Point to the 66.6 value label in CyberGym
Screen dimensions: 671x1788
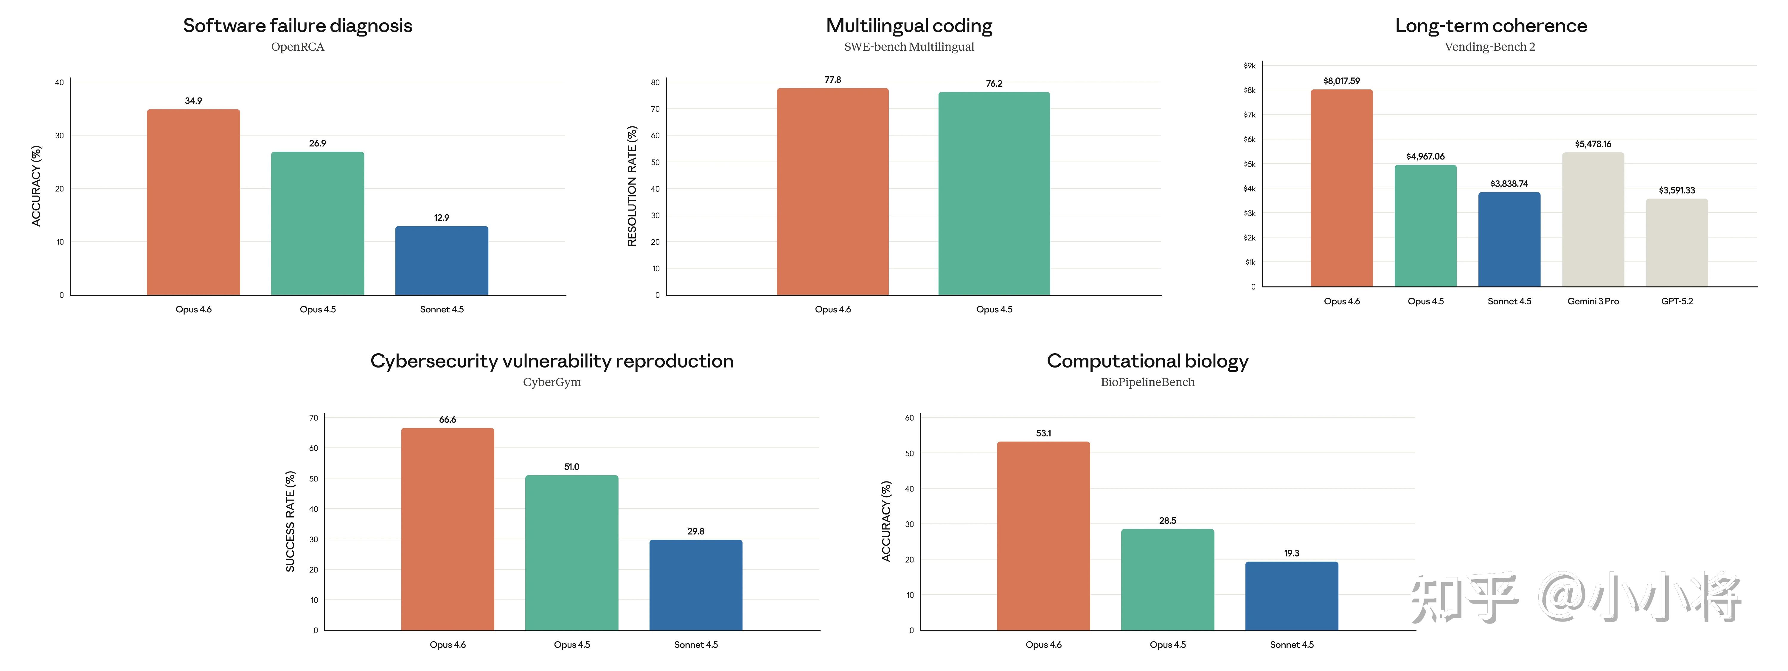tap(448, 419)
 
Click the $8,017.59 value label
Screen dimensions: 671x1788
tap(1341, 81)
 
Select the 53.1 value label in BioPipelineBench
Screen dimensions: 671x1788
tap(1043, 433)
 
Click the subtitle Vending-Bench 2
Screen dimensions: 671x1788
tap(1489, 47)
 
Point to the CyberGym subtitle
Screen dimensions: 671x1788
tap(552, 382)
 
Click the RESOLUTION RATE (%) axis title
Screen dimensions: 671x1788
tap(632, 186)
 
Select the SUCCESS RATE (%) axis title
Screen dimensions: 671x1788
tap(290, 521)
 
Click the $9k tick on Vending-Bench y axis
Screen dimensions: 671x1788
tap(1249, 66)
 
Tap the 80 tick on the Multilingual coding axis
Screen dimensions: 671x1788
tap(655, 83)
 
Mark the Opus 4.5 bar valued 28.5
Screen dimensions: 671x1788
tap(1167, 580)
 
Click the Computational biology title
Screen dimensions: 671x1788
tap(1147, 361)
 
